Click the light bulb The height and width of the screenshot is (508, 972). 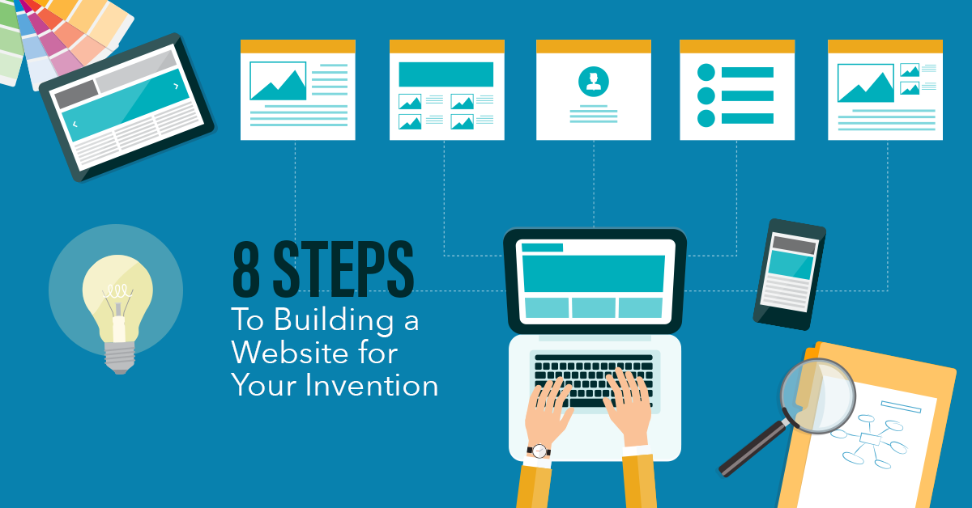click(x=117, y=312)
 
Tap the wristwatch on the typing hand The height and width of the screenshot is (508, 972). click(x=539, y=451)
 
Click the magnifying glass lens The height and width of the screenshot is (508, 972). click(x=817, y=396)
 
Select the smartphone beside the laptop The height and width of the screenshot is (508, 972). click(x=789, y=274)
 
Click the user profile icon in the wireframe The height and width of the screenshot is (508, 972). click(x=593, y=81)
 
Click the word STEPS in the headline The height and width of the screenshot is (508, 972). click(x=343, y=269)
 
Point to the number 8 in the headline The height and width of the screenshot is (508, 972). click(x=246, y=269)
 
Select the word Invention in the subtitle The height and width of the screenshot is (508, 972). click(x=372, y=385)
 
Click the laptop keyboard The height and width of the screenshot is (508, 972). click(x=593, y=380)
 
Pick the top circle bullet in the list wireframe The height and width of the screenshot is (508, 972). click(x=706, y=72)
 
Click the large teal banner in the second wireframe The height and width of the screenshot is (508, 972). click(x=446, y=74)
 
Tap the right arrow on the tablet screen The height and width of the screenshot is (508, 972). click(x=176, y=87)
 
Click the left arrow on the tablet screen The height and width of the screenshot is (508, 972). click(x=75, y=125)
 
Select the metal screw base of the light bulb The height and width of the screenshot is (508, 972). click(x=120, y=358)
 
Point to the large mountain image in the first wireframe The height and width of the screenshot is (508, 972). click(x=278, y=81)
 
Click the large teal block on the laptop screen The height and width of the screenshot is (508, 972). click(x=593, y=273)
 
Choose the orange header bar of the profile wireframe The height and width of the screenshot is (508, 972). click(x=594, y=46)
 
